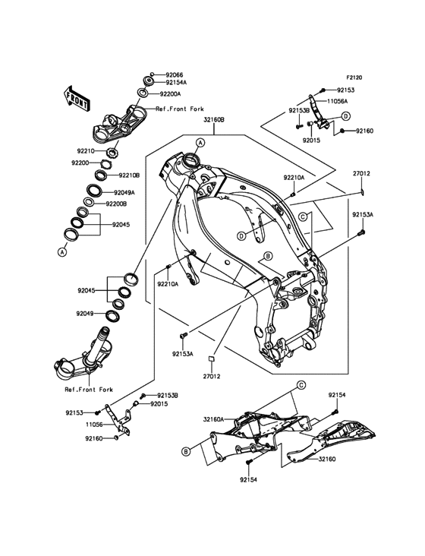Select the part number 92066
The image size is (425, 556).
175,75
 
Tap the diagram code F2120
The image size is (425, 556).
354,77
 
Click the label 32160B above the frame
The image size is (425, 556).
213,120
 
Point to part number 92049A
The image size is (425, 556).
124,193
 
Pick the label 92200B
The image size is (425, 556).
116,204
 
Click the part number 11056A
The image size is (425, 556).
337,101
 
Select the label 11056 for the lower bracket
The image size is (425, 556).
94,424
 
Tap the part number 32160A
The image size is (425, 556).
213,419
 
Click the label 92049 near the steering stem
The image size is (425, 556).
85,314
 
